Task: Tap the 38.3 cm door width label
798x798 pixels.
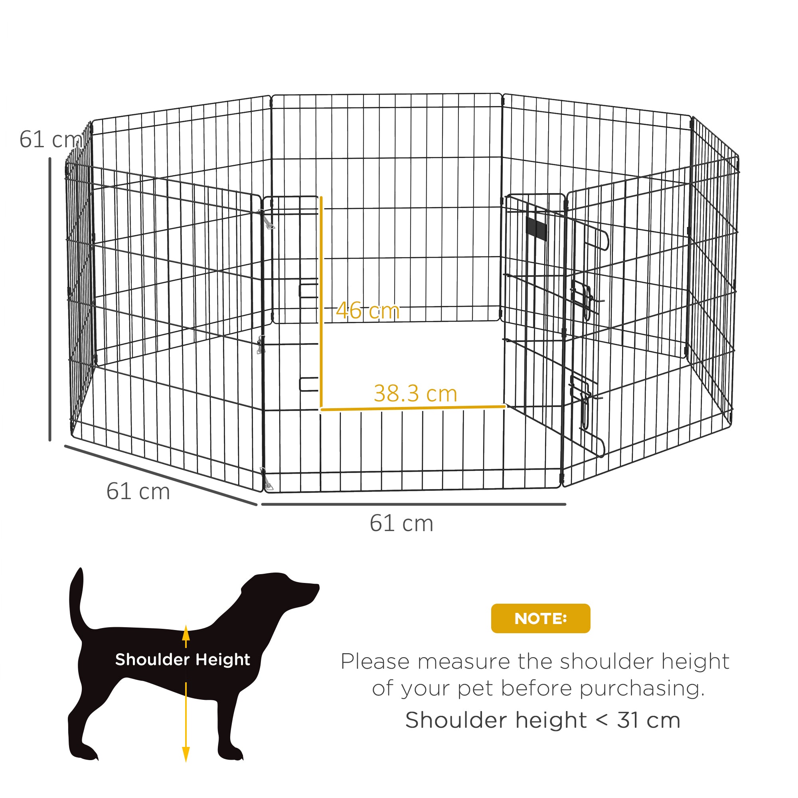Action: tap(415, 394)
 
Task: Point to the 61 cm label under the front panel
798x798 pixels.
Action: tap(401, 523)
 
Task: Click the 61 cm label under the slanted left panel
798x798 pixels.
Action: tap(138, 491)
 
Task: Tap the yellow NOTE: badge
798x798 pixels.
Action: tap(540, 618)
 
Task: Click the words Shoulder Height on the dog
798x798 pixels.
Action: tap(183, 660)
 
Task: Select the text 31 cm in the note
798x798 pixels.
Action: tap(648, 720)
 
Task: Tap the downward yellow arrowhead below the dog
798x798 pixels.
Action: tap(186, 754)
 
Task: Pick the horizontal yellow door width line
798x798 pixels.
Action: tap(413, 409)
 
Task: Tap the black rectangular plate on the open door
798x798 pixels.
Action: tap(536, 228)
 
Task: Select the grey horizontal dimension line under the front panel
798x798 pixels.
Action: tap(413, 504)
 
